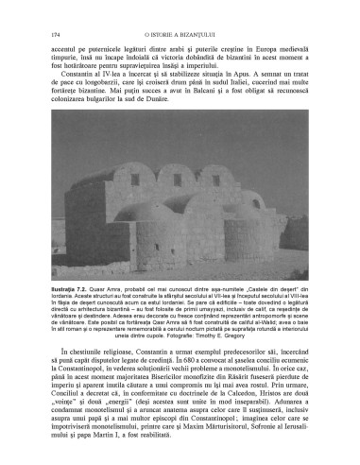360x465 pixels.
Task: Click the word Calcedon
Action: pyautogui.click(x=247, y=396)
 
